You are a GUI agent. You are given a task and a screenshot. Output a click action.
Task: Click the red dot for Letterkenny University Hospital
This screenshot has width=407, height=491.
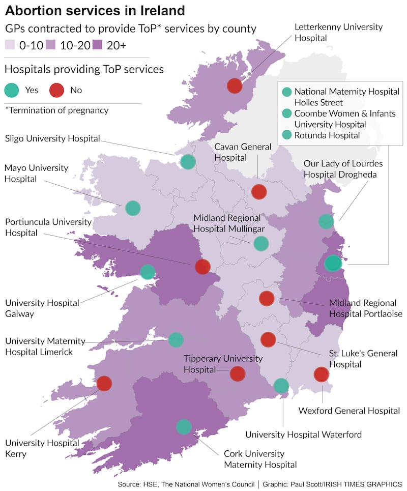[x=235, y=85]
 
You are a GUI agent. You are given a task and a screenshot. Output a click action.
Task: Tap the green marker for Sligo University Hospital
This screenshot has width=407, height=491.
[x=188, y=162]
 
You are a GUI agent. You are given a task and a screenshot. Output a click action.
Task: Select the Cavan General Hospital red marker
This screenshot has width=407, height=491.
[x=259, y=192]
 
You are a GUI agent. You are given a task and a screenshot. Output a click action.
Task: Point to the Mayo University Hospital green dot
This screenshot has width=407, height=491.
[x=133, y=208]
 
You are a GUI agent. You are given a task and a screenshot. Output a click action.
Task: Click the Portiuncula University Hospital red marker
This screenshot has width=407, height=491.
[x=202, y=266]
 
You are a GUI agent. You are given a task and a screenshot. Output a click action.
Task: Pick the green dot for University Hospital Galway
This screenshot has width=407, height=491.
[x=148, y=272]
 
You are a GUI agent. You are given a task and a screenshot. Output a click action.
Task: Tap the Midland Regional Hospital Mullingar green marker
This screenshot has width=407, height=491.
[x=261, y=243]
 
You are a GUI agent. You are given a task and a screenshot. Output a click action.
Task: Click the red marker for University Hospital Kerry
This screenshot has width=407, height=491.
[x=104, y=383]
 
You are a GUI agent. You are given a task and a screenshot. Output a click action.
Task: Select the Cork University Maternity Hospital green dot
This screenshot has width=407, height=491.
[x=184, y=426]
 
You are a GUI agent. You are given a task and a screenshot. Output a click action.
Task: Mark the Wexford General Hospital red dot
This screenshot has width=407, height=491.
[x=321, y=374]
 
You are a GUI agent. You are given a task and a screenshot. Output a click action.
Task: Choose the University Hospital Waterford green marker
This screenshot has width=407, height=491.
[x=281, y=386]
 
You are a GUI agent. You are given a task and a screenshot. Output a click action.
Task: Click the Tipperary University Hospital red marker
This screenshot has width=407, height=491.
[x=237, y=373]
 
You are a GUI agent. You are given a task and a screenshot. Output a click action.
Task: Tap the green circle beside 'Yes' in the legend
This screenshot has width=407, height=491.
[x=12, y=90]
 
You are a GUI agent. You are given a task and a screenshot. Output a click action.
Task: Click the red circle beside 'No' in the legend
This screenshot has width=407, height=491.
[x=56, y=90]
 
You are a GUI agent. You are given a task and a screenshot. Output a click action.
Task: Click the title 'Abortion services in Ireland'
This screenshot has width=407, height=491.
[x=95, y=10]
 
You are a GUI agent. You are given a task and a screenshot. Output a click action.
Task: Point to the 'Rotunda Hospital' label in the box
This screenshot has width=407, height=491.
[x=327, y=135]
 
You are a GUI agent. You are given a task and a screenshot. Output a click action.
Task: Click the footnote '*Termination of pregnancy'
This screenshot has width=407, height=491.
[x=56, y=110]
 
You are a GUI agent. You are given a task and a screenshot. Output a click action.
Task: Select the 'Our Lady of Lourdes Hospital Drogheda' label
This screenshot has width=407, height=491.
[x=343, y=168]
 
